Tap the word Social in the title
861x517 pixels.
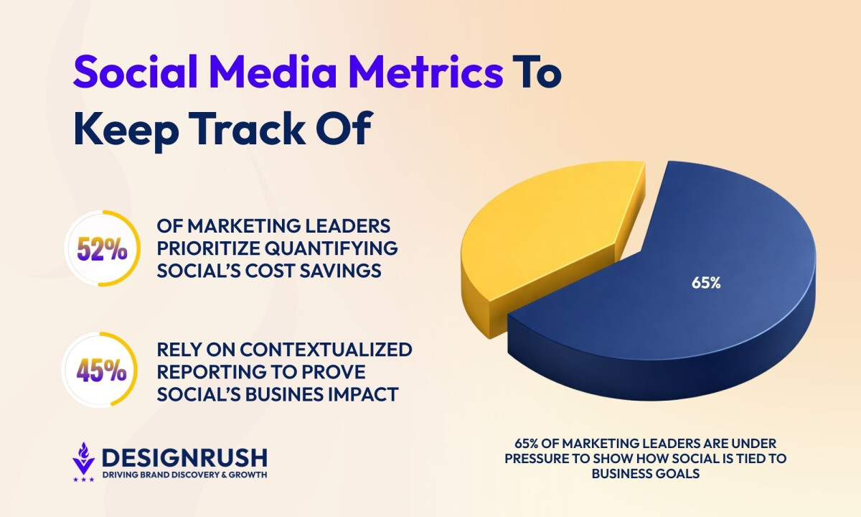[x=136, y=72]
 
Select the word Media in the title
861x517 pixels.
[x=273, y=72]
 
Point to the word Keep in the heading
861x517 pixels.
[x=126, y=131]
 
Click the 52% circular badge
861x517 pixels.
[x=102, y=248]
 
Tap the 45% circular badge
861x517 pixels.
[x=100, y=370]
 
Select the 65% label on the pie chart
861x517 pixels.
[x=706, y=283]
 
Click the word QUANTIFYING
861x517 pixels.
[x=331, y=248]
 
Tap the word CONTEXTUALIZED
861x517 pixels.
[x=326, y=350]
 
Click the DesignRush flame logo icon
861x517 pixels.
[x=83, y=462]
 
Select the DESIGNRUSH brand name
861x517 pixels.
[x=184, y=457]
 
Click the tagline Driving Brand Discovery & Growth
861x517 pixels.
[x=184, y=475]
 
